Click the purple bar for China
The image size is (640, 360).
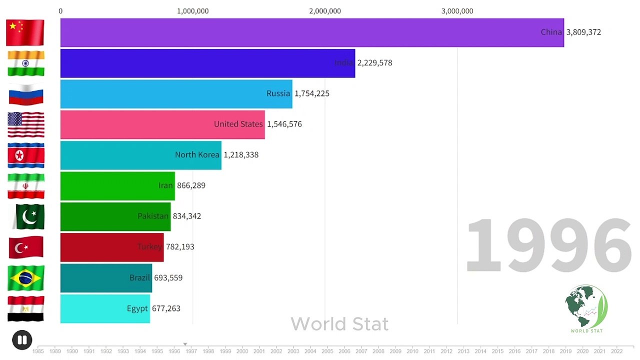tap(300, 32)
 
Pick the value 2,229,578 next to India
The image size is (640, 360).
tap(374, 63)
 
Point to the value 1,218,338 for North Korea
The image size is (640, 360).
tap(241, 155)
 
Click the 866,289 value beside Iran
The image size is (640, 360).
tap(191, 185)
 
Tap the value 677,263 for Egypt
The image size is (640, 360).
tap(166, 308)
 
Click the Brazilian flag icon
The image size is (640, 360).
tap(26, 278)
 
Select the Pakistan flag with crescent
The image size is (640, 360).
tap(28, 216)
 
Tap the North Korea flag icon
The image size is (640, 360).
tap(26, 155)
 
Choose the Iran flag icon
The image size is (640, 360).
tap(26, 186)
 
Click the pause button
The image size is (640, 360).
tap(22, 340)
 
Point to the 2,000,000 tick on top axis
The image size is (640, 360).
tap(325, 11)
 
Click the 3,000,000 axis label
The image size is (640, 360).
tap(457, 11)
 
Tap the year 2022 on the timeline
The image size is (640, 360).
tap(616, 351)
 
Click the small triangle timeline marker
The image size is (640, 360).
tap(185, 344)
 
